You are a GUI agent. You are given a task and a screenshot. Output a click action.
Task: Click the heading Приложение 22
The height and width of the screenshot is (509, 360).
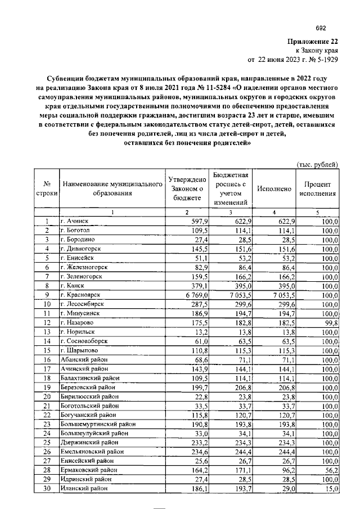point(312,41)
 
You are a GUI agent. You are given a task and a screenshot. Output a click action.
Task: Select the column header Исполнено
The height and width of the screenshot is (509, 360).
point(274,189)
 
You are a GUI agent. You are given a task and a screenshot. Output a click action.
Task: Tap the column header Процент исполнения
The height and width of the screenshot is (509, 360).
point(318,189)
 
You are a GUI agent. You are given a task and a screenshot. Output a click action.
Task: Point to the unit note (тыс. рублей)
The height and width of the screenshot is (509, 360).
point(317,164)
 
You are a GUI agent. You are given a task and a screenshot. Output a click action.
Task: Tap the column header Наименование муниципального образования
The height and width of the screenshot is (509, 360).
point(109,189)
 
